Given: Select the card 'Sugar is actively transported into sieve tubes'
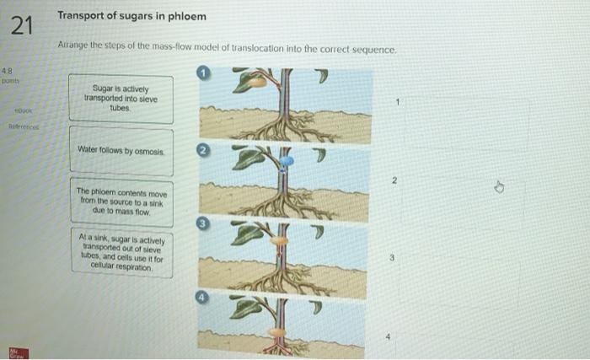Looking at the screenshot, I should (121, 99).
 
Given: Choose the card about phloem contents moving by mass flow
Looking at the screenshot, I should (121, 202).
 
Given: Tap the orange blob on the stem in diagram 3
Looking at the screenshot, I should (280, 242).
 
